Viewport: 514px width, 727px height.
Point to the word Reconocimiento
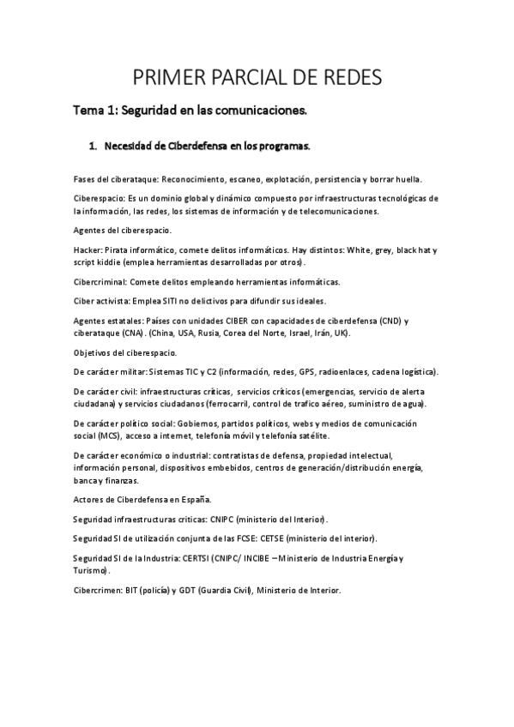click(x=193, y=178)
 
